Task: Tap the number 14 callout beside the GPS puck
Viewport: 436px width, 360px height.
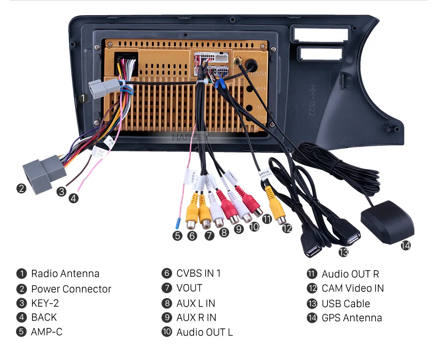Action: pos(405,245)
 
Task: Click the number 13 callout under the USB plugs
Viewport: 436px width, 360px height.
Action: pos(343,252)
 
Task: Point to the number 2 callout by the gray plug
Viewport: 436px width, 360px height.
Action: pos(21,188)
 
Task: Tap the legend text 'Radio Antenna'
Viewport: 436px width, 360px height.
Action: pos(65,274)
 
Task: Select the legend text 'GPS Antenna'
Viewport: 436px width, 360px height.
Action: pos(351,318)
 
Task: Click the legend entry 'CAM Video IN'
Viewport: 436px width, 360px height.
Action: pos(352,288)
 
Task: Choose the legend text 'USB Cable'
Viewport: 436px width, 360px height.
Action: pos(346,304)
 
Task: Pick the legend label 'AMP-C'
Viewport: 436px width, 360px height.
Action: pos(47,332)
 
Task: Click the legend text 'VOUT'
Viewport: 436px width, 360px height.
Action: pos(189,288)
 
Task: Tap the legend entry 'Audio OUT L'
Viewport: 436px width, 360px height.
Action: pos(204,332)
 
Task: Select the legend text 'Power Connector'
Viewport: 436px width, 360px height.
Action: pos(71,289)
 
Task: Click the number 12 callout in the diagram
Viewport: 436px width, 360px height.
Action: pos(287,228)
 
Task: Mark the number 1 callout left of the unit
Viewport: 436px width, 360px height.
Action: pos(83,99)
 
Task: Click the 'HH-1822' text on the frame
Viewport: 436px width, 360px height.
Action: pos(312,102)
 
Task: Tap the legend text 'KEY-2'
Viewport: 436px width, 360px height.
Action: pos(45,304)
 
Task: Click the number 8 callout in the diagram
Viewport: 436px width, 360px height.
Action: pos(224,232)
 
